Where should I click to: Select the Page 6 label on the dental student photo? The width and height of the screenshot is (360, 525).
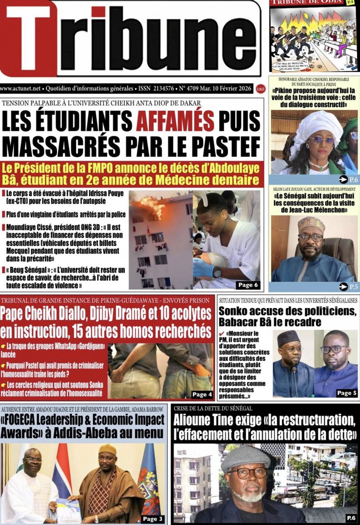248,285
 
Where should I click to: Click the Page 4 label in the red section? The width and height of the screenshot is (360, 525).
202,394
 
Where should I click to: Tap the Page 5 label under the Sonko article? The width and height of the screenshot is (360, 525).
347,393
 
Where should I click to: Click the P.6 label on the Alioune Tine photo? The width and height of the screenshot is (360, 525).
351,518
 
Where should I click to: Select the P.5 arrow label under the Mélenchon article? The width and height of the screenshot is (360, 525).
349,287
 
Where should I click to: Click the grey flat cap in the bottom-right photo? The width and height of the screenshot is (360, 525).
245,458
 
